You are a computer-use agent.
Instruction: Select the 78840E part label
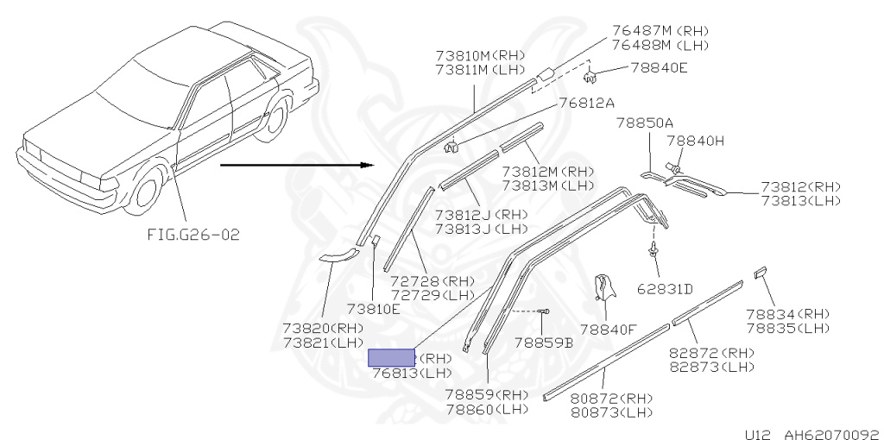659,67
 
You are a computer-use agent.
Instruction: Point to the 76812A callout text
586,103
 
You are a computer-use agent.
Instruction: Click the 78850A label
644,123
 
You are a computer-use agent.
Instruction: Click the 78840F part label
608,329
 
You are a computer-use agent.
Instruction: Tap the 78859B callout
544,343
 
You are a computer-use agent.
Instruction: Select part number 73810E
374,309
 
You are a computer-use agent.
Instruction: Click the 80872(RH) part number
611,399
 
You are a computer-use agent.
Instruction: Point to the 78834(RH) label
787,314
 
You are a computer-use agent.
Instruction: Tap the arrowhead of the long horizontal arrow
368,164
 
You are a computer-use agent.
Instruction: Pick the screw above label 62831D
654,250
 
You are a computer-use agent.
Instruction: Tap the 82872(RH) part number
711,353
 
